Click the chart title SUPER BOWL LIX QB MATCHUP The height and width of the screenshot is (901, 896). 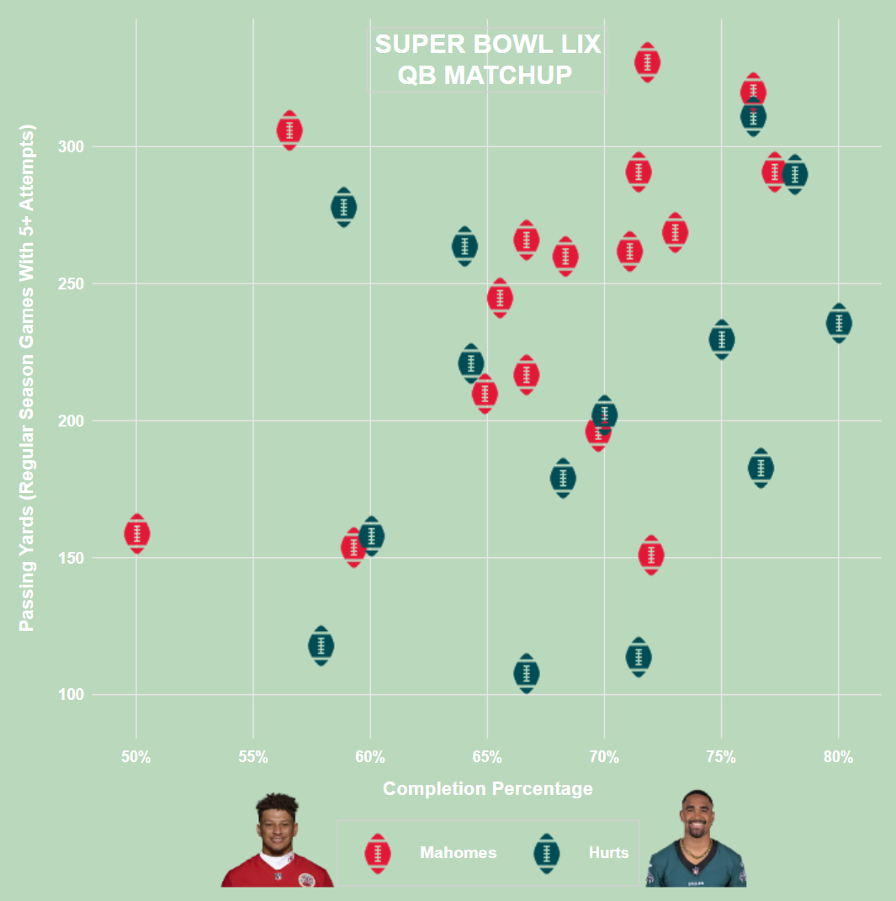487,60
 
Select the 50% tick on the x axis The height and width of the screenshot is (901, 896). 136,757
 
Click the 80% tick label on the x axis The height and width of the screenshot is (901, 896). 838,757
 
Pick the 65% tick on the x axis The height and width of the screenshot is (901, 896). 487,757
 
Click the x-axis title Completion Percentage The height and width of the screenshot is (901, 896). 487,789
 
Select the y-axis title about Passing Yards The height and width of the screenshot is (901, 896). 27,378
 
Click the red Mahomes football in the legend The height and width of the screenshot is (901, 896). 378,854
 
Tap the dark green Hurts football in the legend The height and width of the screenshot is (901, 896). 547,854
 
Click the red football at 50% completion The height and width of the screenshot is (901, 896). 137,533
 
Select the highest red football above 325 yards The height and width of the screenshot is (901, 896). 647,62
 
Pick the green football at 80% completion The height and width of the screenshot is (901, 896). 839,323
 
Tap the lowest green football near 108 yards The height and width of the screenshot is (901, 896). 527,673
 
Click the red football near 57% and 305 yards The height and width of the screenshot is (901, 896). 289,130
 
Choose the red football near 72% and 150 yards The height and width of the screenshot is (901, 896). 651,555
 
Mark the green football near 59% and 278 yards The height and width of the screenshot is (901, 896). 343,207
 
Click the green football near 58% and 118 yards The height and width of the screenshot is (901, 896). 321,645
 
